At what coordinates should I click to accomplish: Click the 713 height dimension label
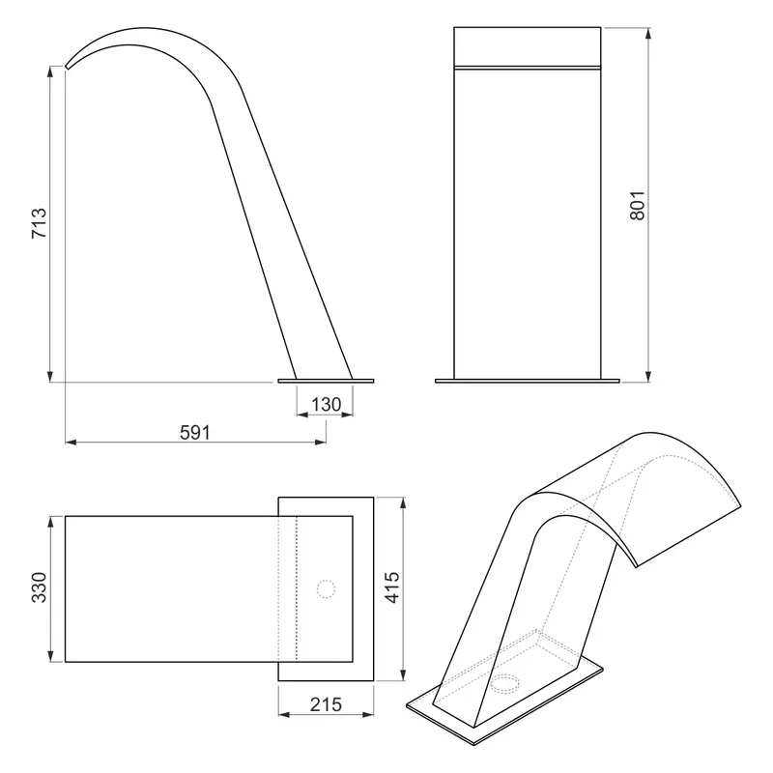(x=39, y=223)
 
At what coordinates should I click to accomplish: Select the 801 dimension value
(x=637, y=205)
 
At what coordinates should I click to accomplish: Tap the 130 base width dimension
(x=326, y=405)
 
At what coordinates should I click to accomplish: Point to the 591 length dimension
(x=195, y=432)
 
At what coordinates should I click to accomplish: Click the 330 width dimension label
(x=39, y=587)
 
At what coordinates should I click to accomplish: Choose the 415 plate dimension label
(x=392, y=587)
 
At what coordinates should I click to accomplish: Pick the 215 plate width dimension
(x=326, y=704)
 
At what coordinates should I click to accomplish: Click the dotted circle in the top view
(x=326, y=589)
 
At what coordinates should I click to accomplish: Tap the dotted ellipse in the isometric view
(x=505, y=683)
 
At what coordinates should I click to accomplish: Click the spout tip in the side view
(x=67, y=67)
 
